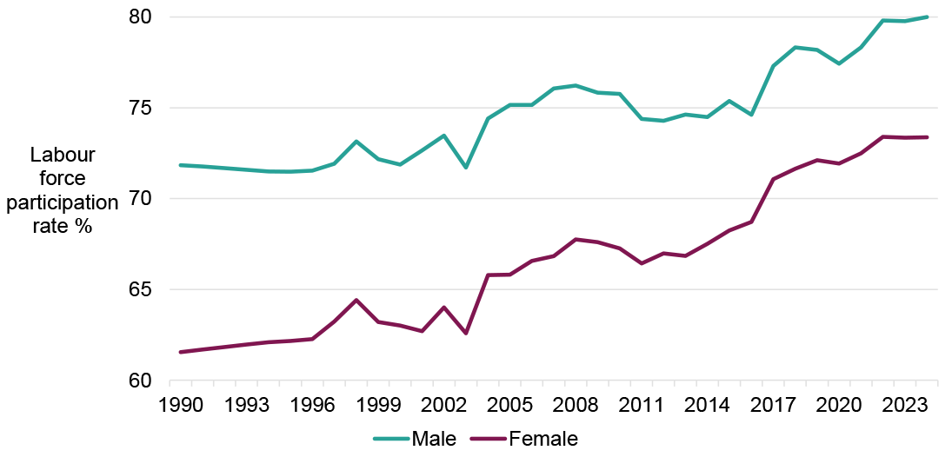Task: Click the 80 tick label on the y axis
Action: [x=141, y=17]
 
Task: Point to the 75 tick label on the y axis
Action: [x=141, y=109]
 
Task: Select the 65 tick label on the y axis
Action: [x=141, y=290]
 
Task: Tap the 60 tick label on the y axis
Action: [x=141, y=381]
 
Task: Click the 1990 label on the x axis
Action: [x=180, y=405]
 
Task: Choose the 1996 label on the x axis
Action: [x=312, y=405]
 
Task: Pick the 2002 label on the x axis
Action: [x=444, y=405]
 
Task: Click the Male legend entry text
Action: [x=434, y=439]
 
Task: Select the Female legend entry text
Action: [x=543, y=439]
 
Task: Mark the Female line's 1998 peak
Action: [x=356, y=300]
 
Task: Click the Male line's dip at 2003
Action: [x=466, y=167]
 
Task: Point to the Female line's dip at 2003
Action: [x=466, y=334]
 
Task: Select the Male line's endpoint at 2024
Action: [x=928, y=17]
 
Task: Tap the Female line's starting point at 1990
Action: [x=180, y=352]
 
